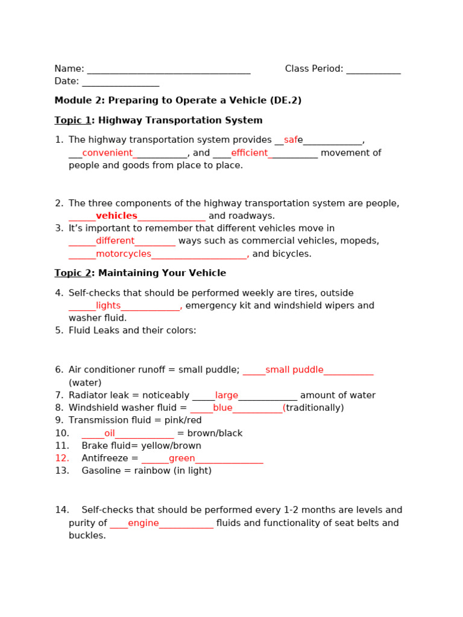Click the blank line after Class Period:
tap(373, 69)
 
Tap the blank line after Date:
tap(121, 82)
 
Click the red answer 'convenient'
tap(107, 153)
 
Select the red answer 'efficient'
tap(249, 153)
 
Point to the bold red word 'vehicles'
tap(116, 216)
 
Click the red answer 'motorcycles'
tap(124, 254)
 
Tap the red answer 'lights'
tap(108, 305)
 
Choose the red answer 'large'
tap(227, 395)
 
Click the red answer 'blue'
tap(222, 408)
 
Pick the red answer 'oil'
tap(109, 433)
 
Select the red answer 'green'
tap(181, 459)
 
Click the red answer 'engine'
tap(143, 523)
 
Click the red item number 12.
tap(62, 459)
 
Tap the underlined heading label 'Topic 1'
tap(72, 121)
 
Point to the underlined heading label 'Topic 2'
tap(72, 274)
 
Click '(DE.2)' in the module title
tap(285, 101)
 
